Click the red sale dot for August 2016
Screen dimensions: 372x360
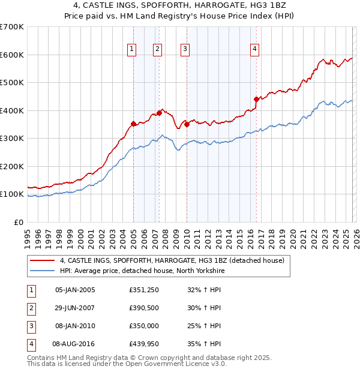click(256, 99)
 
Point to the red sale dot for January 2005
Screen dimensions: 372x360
click(133, 124)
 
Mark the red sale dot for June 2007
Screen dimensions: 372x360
click(159, 112)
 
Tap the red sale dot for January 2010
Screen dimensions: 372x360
click(187, 124)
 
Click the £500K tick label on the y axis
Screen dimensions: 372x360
click(11, 82)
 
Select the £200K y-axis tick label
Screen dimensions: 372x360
click(11, 166)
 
